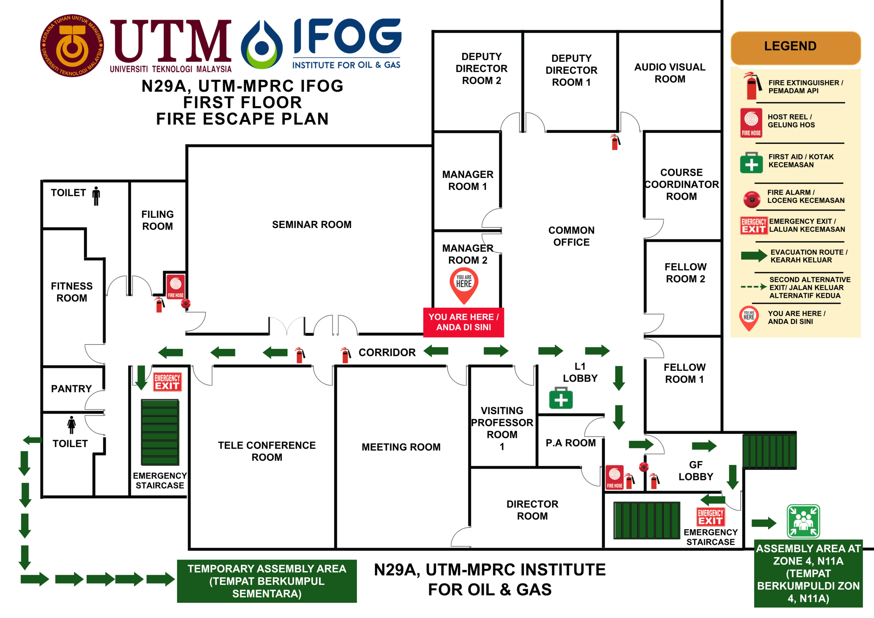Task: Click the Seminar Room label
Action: [x=311, y=225]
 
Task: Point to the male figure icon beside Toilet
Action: [x=96, y=196]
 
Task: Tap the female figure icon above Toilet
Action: [x=71, y=425]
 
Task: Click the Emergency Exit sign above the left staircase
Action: [x=168, y=382]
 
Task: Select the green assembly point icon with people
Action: [x=803, y=521]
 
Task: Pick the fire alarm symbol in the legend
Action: [x=752, y=199]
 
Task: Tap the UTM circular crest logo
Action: [x=72, y=46]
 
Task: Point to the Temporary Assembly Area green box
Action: [x=267, y=581]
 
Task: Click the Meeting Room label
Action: [x=401, y=447]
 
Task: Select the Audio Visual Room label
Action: [x=670, y=73]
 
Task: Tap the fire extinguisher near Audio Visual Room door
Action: [x=615, y=142]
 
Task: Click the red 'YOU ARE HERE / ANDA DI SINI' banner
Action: [x=464, y=322]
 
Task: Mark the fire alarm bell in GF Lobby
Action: [x=644, y=467]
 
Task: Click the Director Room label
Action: [x=533, y=510]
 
